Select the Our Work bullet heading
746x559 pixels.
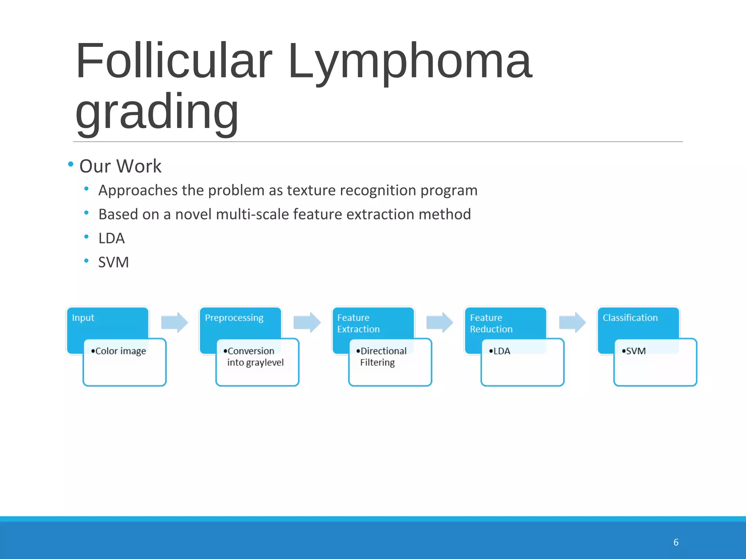(120, 166)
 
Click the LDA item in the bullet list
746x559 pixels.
(111, 238)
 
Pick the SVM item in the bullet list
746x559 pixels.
(113, 262)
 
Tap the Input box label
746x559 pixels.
(83, 318)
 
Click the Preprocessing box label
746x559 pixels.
(234, 318)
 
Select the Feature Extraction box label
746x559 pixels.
(358, 323)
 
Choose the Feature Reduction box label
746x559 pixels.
(491, 323)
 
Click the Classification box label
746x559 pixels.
(630, 318)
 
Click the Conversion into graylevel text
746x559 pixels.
(255, 357)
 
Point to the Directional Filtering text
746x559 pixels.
(382, 357)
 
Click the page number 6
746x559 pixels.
(676, 542)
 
